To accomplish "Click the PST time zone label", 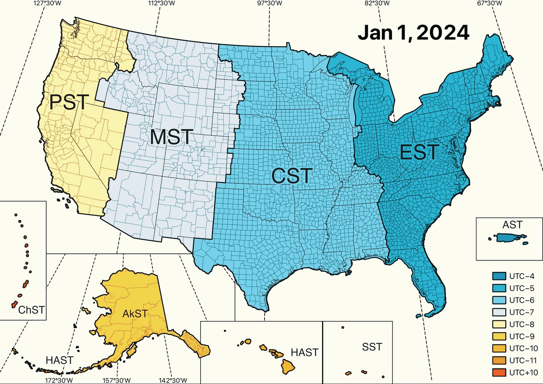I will point(69,102).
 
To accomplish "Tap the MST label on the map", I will point(171,137).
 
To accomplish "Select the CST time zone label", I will point(291,176).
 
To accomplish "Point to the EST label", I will point(420,152).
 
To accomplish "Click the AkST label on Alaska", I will point(135,313).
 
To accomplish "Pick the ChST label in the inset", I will point(31,310).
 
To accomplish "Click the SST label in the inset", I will point(372,347).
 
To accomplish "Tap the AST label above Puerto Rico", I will point(512,225).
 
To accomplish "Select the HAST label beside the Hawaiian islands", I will point(304,353).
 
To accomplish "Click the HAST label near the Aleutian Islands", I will point(60,360).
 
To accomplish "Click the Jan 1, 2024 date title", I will point(413,33).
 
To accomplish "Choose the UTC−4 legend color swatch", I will point(499,276).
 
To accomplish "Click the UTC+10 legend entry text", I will point(523,372).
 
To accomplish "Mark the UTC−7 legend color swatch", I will point(499,312).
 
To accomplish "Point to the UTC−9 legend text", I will point(522,336).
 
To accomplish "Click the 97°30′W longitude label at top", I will point(269,4).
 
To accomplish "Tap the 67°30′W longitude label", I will point(489,4).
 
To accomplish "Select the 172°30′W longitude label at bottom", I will point(59,380).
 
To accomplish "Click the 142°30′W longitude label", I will point(173,380).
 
